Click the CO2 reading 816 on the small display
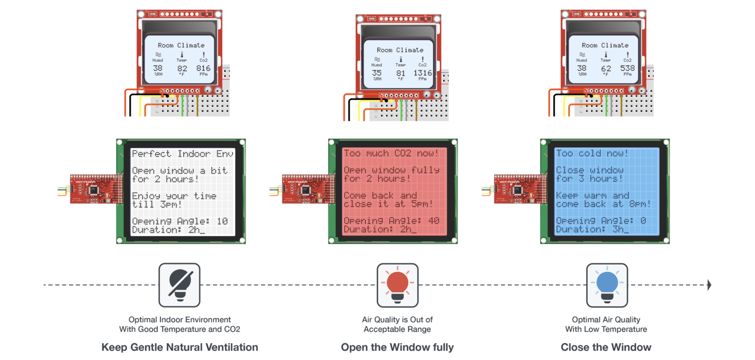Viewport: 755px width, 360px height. [203, 68]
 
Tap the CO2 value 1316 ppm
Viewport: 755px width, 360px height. [423, 73]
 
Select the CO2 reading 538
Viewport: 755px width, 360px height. [627, 68]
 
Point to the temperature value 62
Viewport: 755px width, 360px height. [606, 69]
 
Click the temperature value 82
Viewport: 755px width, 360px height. [182, 69]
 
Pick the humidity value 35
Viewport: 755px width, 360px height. [377, 73]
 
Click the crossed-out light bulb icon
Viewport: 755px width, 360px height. [180, 285]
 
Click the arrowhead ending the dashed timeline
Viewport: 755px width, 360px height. [709, 285]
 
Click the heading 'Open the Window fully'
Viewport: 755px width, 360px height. [397, 347]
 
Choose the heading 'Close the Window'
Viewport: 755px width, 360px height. [606, 347]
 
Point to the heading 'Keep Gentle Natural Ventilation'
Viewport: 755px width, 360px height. [180, 347]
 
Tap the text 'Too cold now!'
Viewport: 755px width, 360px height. [592, 153]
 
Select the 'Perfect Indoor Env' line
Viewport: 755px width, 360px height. [183, 154]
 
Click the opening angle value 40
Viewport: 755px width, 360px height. [434, 221]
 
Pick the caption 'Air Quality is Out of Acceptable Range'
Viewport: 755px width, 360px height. [397, 324]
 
